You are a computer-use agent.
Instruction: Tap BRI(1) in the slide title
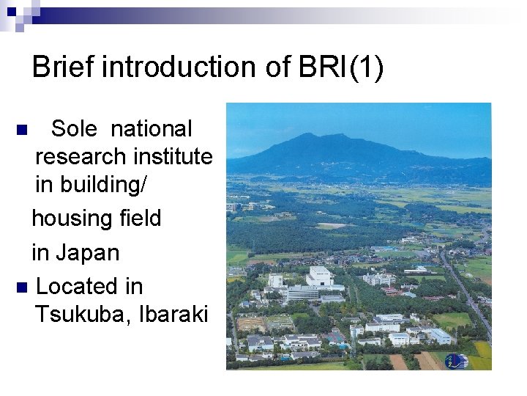point(340,67)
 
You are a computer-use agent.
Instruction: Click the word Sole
point(75,129)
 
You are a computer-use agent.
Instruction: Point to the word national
point(152,129)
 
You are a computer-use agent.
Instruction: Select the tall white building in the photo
point(318,277)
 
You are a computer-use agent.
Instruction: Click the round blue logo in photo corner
point(455,360)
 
